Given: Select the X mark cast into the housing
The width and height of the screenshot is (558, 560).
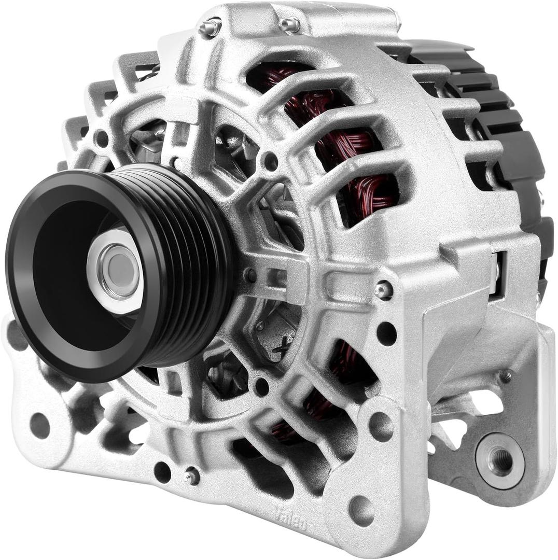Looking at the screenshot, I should tap(283, 344).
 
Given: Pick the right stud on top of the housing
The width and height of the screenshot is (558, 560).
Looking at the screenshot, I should tap(289, 24).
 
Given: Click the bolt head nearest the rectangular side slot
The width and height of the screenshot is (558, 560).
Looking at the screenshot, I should tap(383, 290).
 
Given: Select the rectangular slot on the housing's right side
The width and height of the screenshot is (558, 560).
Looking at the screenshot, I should tap(499, 275).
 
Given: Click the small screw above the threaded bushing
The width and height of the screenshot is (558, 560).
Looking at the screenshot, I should tap(505, 376).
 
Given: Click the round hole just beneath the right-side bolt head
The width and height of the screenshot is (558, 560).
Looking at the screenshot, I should tap(386, 332).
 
